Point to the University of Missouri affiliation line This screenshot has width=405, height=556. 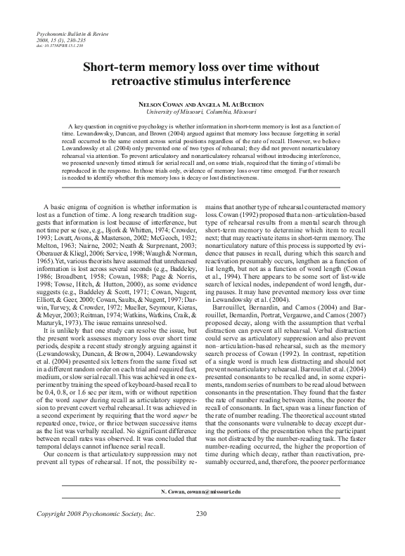(x=201, y=111)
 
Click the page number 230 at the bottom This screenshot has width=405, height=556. (x=202, y=534)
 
